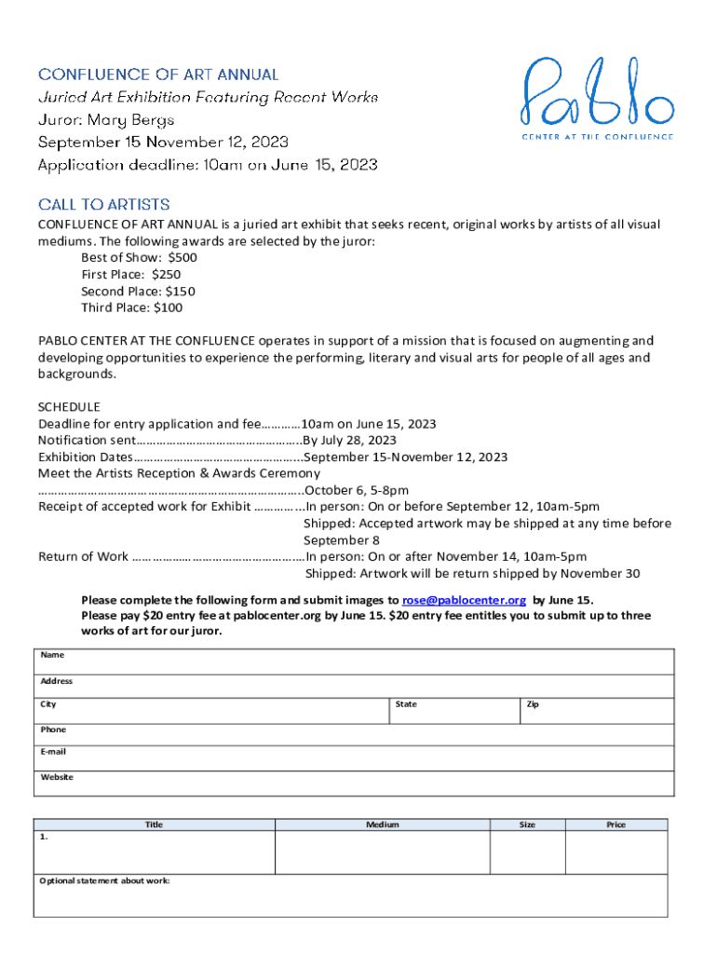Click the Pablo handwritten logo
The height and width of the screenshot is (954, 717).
[x=596, y=93]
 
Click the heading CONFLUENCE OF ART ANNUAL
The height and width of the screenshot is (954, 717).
[x=158, y=74]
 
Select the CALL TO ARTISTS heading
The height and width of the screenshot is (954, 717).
[x=103, y=204]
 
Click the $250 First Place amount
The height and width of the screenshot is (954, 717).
[x=165, y=275]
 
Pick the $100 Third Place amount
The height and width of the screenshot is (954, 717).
[x=168, y=307]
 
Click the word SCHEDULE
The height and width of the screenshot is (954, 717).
[x=69, y=407]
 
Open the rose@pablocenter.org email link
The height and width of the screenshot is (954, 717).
[x=464, y=600]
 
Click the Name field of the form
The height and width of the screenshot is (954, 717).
[x=354, y=661]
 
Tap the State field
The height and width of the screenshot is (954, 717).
[x=453, y=711]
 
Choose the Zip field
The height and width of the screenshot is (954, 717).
[x=596, y=711]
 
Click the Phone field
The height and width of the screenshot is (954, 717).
[x=354, y=735]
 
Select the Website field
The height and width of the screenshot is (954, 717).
[x=354, y=784]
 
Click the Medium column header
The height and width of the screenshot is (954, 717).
[x=383, y=825]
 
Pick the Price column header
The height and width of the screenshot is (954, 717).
[x=616, y=825]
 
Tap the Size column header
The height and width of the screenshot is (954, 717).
[x=527, y=825]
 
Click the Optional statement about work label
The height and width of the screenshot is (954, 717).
[x=104, y=880]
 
